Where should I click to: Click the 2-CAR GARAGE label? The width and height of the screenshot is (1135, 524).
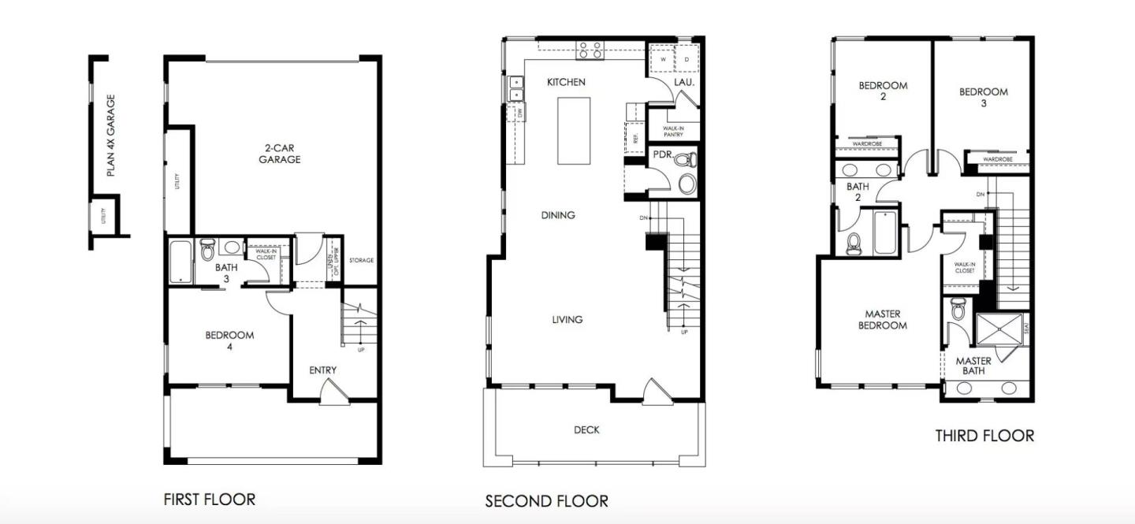pyautogui.click(x=281, y=154)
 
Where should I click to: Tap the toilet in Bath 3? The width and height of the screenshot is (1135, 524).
pyautogui.click(x=208, y=251)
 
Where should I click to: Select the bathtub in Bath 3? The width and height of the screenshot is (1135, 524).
pyautogui.click(x=180, y=261)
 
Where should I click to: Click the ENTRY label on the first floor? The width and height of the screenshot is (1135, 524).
pyautogui.click(x=322, y=370)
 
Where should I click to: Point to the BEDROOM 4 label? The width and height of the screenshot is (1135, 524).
pyautogui.click(x=229, y=340)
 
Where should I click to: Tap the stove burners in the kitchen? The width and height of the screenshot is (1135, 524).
pyautogui.click(x=590, y=50)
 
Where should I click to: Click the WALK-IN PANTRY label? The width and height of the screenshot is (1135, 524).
pyautogui.click(x=672, y=131)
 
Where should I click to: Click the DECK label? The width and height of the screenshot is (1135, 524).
pyautogui.click(x=586, y=430)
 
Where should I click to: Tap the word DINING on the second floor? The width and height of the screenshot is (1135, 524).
pyautogui.click(x=558, y=215)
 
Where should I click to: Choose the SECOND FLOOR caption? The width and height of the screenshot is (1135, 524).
pyautogui.click(x=546, y=501)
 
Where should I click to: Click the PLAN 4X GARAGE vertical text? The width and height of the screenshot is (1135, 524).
pyautogui.click(x=111, y=136)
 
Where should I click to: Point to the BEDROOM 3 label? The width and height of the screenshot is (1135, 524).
pyautogui.click(x=983, y=97)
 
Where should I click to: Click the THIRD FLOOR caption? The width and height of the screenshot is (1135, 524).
pyautogui.click(x=984, y=436)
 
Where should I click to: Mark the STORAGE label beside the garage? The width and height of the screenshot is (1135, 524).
pyautogui.click(x=361, y=261)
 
